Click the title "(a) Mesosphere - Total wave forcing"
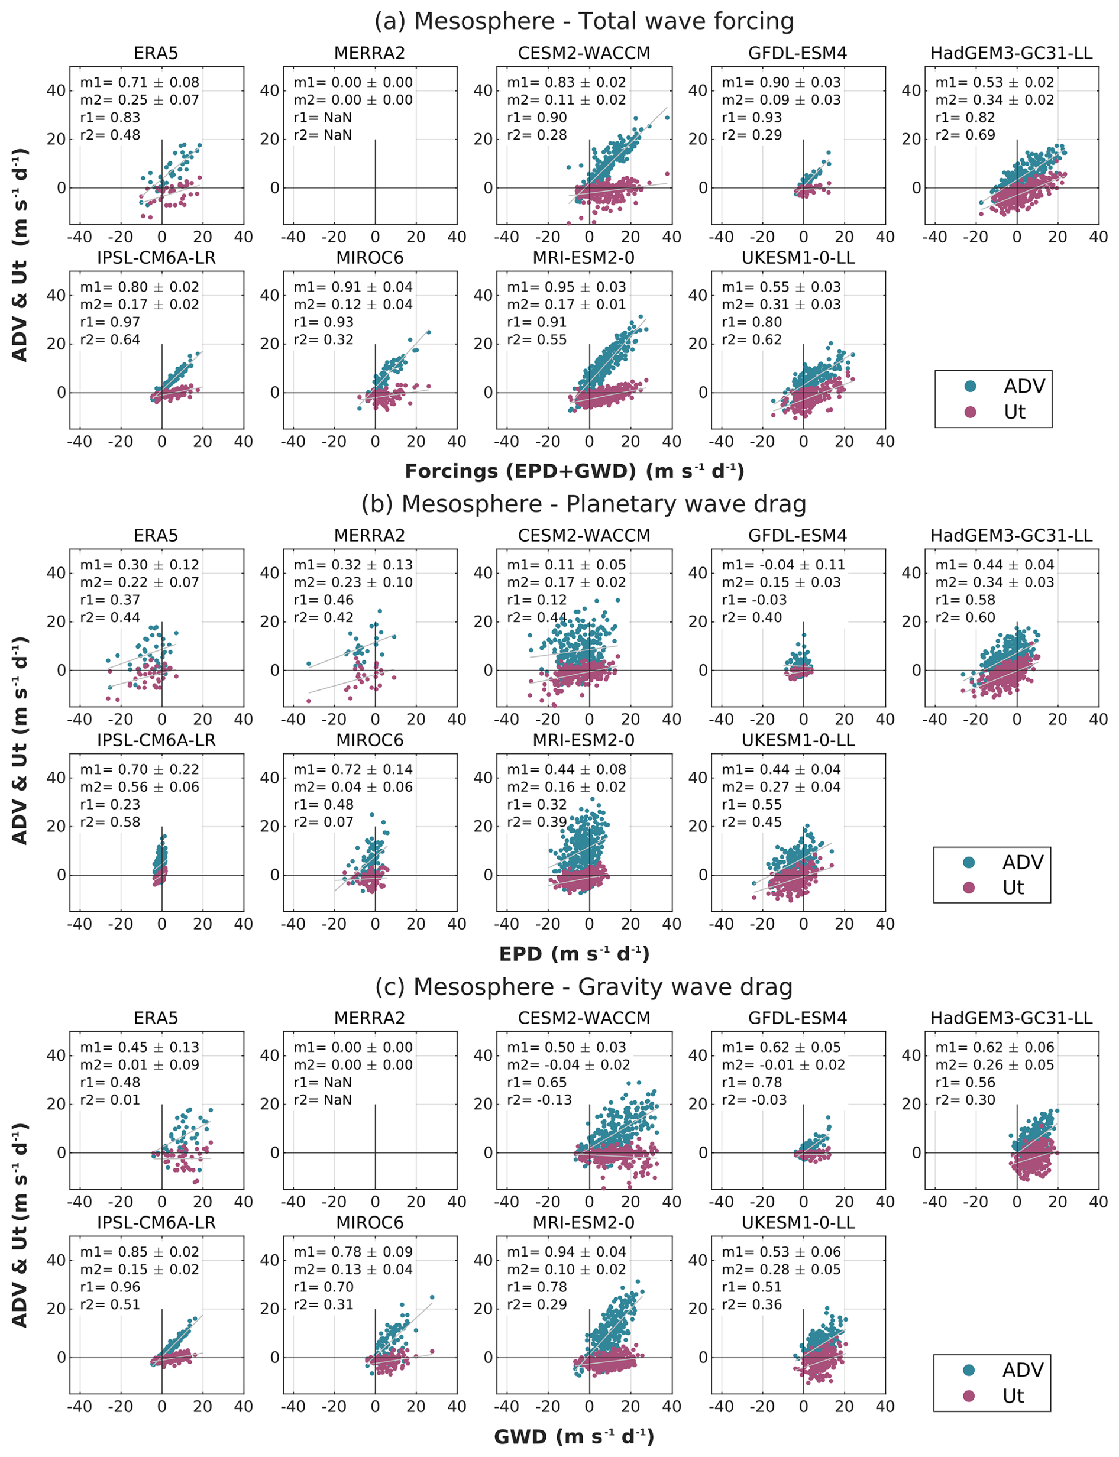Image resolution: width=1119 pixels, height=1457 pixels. click(584, 21)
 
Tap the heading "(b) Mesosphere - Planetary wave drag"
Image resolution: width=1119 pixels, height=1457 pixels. click(584, 504)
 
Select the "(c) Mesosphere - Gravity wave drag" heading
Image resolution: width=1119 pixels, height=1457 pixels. click(584, 987)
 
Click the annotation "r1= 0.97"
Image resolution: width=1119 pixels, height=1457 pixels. click(110, 322)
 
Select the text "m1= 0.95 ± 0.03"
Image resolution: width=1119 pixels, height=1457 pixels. click(566, 287)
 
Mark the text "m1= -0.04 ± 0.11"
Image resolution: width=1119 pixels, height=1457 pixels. click(783, 565)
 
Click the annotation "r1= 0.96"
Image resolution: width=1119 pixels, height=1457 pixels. click(110, 1287)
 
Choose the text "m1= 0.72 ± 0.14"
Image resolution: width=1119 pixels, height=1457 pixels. click(353, 770)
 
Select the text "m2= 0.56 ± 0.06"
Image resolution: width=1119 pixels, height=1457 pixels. click(139, 787)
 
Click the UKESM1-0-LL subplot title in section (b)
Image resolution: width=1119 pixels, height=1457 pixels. click(798, 740)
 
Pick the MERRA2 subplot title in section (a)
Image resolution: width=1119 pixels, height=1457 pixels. click(370, 53)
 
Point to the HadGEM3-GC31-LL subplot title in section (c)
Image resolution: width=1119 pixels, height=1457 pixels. click(1011, 1018)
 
